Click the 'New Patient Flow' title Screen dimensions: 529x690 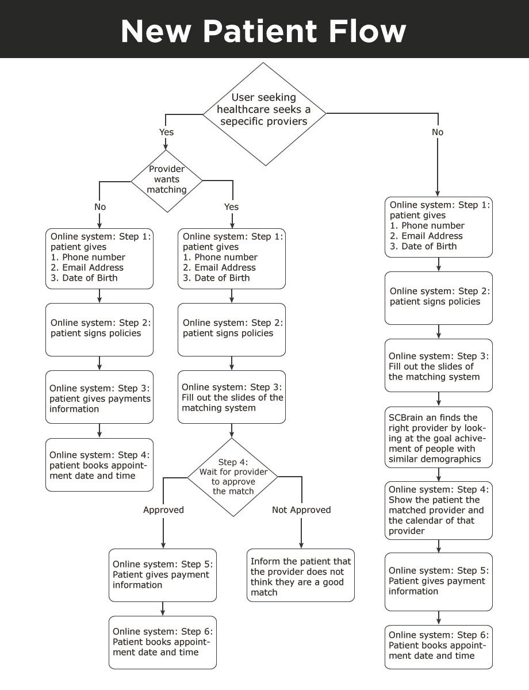click(263, 31)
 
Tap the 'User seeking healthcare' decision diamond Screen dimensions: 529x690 click(264, 114)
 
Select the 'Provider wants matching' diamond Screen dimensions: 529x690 click(167, 181)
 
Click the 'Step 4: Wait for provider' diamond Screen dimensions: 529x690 click(232, 477)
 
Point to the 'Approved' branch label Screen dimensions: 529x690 click(163, 509)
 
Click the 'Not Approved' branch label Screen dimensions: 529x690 click(301, 509)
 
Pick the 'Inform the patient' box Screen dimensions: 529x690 click(300, 575)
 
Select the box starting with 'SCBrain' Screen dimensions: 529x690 click(439, 437)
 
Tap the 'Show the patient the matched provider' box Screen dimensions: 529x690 click(439, 510)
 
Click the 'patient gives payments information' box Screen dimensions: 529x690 click(99, 397)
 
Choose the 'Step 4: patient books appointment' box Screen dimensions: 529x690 click(99, 465)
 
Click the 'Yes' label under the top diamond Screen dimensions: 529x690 click(166, 132)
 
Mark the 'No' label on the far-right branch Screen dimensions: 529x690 click(438, 132)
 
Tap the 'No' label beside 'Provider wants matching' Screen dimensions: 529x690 click(100, 207)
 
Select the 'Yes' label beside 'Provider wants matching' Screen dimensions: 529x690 click(232, 207)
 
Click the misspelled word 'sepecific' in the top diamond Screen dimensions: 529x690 click(241, 121)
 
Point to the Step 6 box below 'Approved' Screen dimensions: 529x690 click(163, 642)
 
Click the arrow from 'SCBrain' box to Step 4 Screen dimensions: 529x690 click(439, 474)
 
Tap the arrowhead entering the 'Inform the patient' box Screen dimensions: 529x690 click(301, 546)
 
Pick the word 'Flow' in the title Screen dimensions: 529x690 click(367, 31)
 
